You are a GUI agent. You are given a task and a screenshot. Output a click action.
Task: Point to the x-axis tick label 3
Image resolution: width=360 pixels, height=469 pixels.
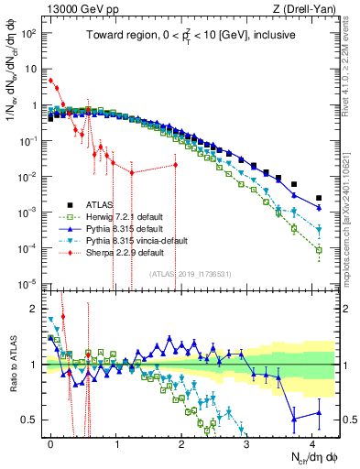coord(246,441)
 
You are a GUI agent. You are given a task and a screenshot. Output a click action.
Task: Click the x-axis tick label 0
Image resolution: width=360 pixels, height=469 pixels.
coord(50,441)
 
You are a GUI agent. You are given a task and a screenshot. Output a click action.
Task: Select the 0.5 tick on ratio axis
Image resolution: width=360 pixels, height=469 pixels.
coord(32,420)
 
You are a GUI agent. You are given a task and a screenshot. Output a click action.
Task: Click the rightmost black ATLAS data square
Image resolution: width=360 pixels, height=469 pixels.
coord(319,197)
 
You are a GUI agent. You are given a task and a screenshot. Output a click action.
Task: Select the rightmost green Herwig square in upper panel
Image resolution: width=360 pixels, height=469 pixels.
coord(319,249)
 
